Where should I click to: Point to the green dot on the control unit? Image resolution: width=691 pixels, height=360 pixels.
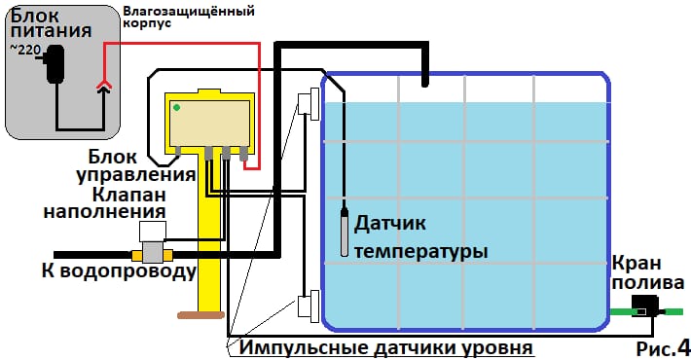175,107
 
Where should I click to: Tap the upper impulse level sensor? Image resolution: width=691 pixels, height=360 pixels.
309,103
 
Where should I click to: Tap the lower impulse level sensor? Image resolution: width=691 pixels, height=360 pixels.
309,306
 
